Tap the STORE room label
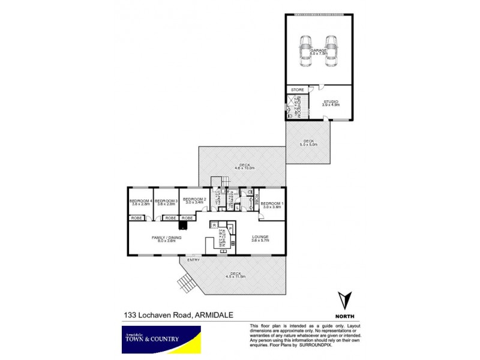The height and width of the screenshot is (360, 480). [x=298, y=89]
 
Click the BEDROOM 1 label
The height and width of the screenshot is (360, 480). [x=271, y=205]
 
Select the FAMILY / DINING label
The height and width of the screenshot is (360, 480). [x=166, y=239]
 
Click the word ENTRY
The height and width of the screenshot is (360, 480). [x=193, y=260]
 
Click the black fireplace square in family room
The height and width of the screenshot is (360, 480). [x=182, y=226]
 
